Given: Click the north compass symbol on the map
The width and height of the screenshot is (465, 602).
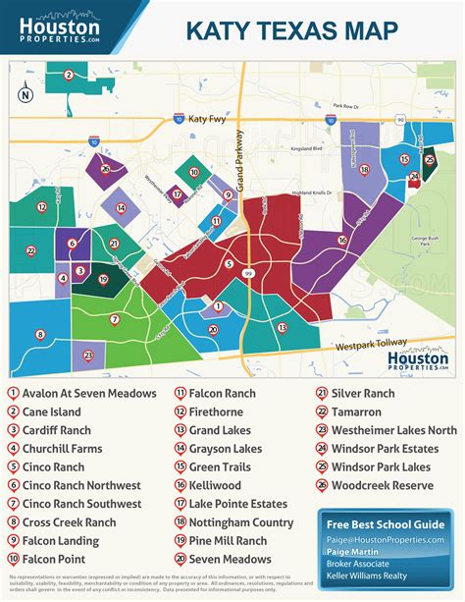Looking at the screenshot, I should pyautogui.click(x=26, y=94).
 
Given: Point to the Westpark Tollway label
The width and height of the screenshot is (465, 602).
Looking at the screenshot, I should pyautogui.click(x=368, y=345).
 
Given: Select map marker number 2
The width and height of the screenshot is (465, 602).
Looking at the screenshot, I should pyautogui.click(x=68, y=75).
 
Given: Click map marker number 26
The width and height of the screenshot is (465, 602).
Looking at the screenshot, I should pyautogui.click(x=105, y=169).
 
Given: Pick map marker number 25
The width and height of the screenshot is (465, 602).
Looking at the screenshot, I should pyautogui.click(x=429, y=159).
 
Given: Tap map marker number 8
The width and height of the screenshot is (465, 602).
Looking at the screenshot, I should pyautogui.click(x=40, y=334).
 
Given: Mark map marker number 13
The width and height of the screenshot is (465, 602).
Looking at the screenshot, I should pyautogui.click(x=283, y=327).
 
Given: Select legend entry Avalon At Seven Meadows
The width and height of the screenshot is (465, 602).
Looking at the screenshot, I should pyautogui.click(x=82, y=393).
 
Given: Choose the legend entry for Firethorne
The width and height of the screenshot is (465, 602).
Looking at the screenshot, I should pyautogui.click(x=216, y=411).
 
